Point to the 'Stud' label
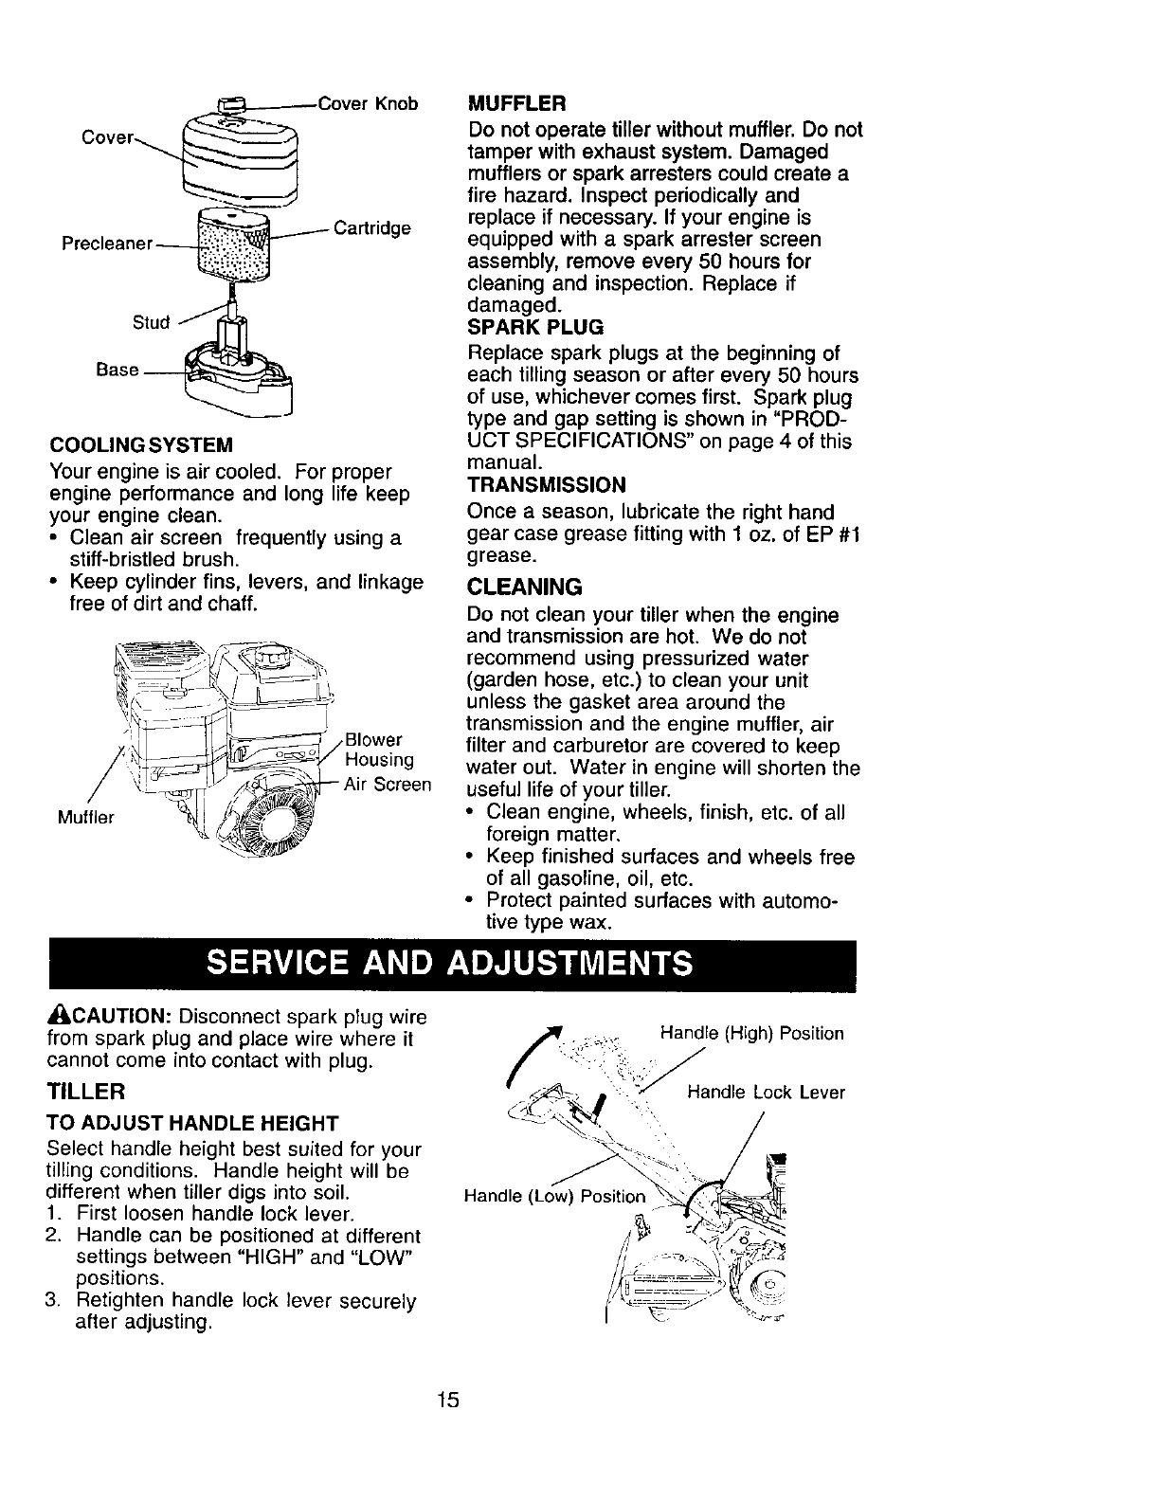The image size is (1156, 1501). (x=151, y=322)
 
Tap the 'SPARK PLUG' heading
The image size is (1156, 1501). (x=535, y=328)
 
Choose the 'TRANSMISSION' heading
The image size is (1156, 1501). (x=547, y=485)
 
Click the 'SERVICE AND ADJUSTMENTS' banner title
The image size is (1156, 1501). (x=450, y=965)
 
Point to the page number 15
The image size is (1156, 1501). (x=448, y=1401)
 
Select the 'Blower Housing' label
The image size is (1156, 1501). (x=378, y=750)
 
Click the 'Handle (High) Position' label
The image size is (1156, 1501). (x=750, y=1033)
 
